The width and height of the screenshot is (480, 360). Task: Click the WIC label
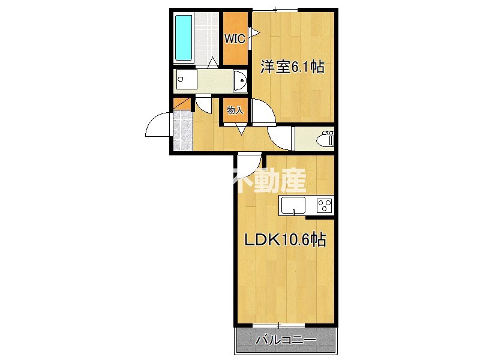pos(234,40)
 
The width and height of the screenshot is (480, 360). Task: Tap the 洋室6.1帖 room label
pos(292,67)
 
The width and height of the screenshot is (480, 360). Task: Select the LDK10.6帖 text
pos(284,241)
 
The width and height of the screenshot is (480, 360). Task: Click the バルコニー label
pos(285,340)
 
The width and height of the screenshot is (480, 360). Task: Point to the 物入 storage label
pos(235,110)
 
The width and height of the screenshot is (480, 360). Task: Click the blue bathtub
pos(183,38)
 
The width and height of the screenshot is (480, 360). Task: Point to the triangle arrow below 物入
pos(241,129)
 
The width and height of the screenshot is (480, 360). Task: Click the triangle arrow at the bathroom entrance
pos(213,62)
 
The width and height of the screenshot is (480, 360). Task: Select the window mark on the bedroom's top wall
pos(275,9)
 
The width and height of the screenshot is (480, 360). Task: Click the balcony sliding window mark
pos(278,325)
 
